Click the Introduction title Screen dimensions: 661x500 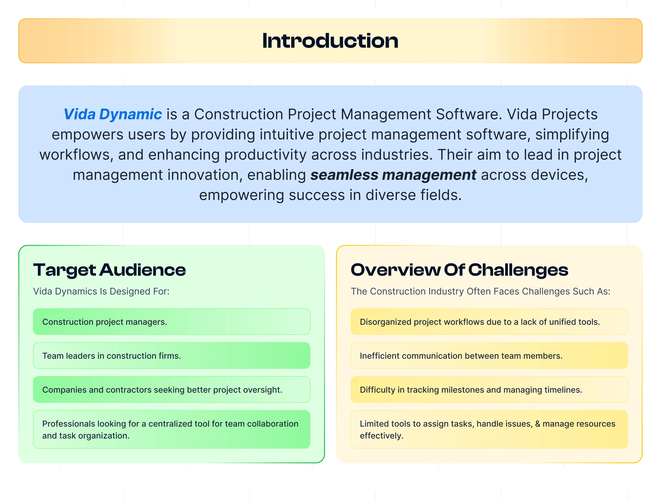click(x=330, y=41)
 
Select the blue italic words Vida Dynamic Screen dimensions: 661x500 click(x=113, y=114)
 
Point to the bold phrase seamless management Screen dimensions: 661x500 click(x=393, y=175)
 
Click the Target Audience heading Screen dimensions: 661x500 click(x=109, y=270)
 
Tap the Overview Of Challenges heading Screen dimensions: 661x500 click(x=459, y=270)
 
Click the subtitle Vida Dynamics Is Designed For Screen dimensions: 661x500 click(x=101, y=291)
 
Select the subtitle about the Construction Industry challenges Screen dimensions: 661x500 click(x=481, y=291)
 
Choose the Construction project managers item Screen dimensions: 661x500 click(x=171, y=322)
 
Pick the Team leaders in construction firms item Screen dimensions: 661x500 click(x=171, y=356)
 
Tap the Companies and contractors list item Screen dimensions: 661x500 click(x=171, y=389)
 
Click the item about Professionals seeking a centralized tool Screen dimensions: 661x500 click(x=171, y=429)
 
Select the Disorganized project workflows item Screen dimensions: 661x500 click(x=489, y=322)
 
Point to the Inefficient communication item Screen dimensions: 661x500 click(x=489, y=356)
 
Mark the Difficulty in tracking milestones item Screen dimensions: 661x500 click(x=489, y=389)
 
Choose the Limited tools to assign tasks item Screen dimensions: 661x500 click(x=489, y=429)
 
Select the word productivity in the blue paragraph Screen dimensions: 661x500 click(x=265, y=155)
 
